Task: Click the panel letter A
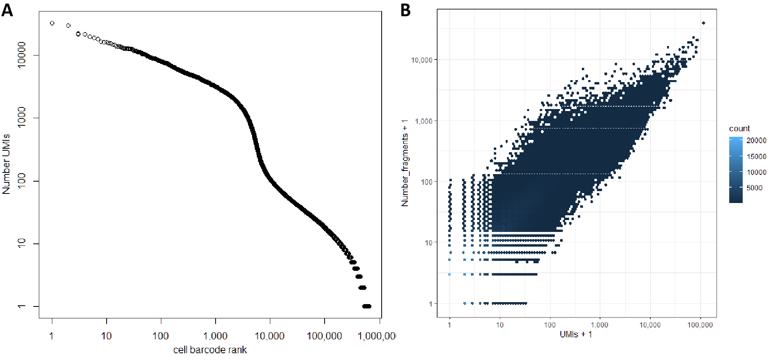7,10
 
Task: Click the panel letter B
405,10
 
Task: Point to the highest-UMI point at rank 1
52,23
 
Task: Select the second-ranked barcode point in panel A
68,26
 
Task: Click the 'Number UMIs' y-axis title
6,164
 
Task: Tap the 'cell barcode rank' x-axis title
210,350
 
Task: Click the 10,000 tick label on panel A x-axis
269,336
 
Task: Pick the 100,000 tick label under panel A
324,336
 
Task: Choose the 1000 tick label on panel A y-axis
21,117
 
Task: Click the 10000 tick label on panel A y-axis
21,55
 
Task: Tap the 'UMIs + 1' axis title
576,335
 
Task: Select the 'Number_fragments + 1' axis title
405,163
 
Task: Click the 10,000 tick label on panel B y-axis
422,60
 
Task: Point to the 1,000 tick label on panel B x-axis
600,325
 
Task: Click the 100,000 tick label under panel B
700,325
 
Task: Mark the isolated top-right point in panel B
703,23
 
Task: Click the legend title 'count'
739,128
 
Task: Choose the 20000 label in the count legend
756,140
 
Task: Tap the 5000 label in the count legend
754,188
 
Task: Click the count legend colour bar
736,170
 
